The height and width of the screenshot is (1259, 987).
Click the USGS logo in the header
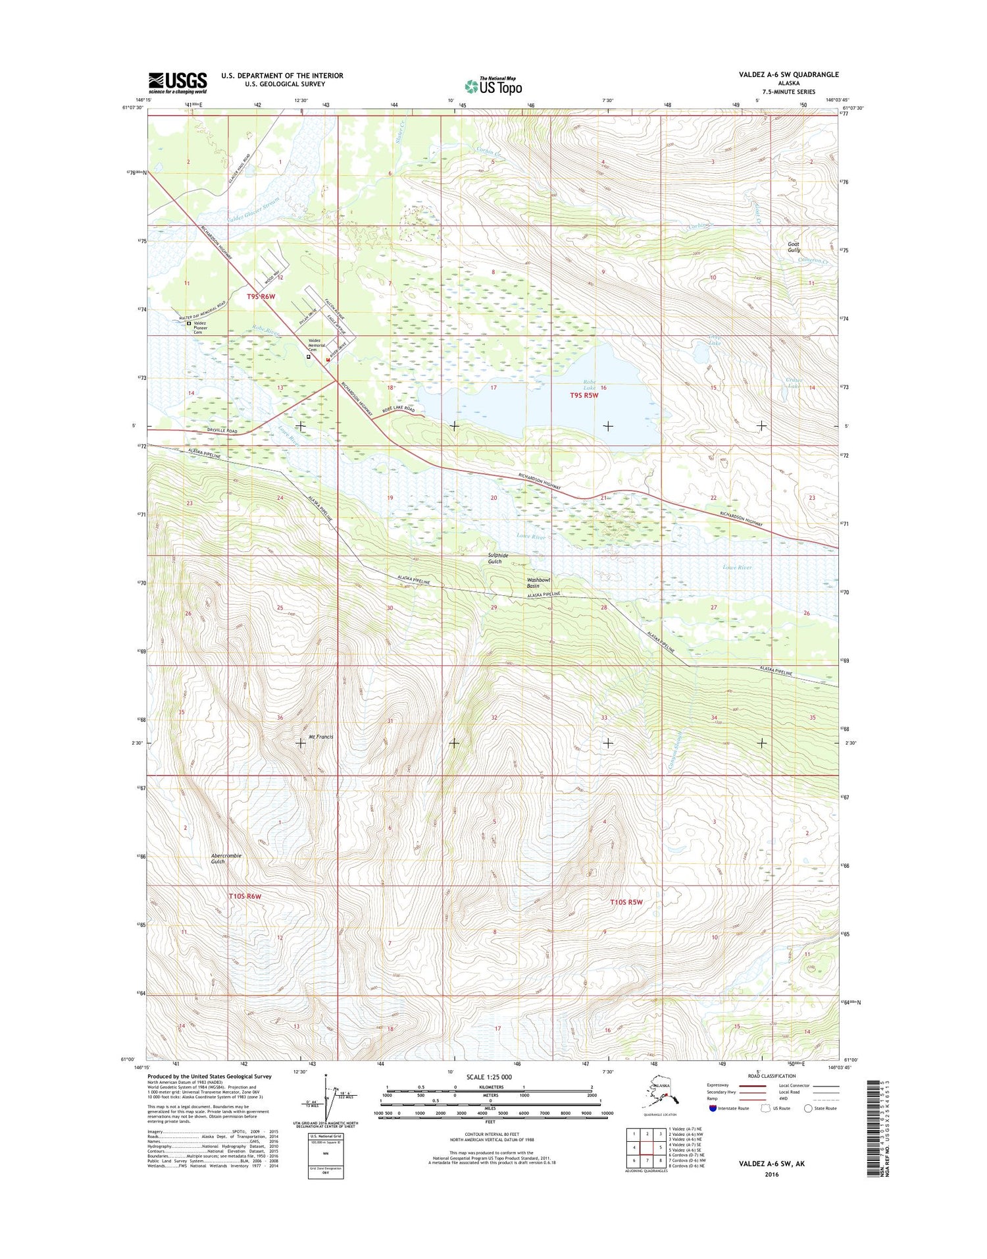177,82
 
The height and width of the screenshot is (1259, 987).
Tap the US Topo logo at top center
493,86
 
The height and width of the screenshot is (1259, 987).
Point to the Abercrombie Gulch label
226,859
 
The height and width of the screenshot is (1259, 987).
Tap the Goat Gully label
794,247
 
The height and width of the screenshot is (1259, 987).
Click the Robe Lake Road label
399,409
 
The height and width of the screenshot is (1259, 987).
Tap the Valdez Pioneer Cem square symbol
188,324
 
